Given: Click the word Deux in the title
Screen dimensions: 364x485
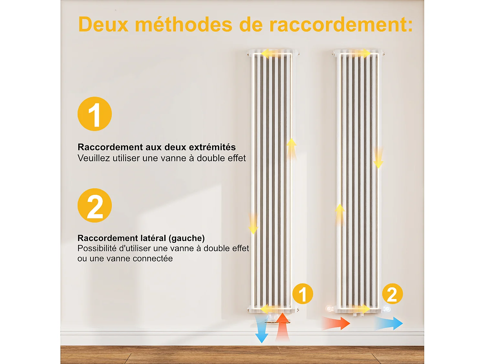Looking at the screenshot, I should (x=103, y=25).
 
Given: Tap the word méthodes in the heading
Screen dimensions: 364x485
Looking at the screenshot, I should (x=183, y=25).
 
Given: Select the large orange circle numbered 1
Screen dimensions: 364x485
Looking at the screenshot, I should (x=95, y=114).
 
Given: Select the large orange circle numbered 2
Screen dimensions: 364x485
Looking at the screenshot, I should (x=95, y=205).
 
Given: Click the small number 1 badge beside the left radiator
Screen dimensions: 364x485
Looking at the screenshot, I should (x=303, y=294).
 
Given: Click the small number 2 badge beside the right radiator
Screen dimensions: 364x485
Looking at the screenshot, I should (x=392, y=294).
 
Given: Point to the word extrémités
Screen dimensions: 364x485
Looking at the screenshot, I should (x=212, y=147).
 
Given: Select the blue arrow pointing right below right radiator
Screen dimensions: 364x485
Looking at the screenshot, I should (x=390, y=323).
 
